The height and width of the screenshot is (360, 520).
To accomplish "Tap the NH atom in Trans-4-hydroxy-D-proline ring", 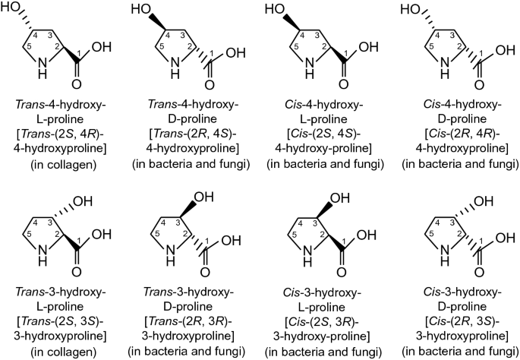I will point(176,72).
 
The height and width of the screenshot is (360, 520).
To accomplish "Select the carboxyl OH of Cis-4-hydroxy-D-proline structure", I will point(500,52).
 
